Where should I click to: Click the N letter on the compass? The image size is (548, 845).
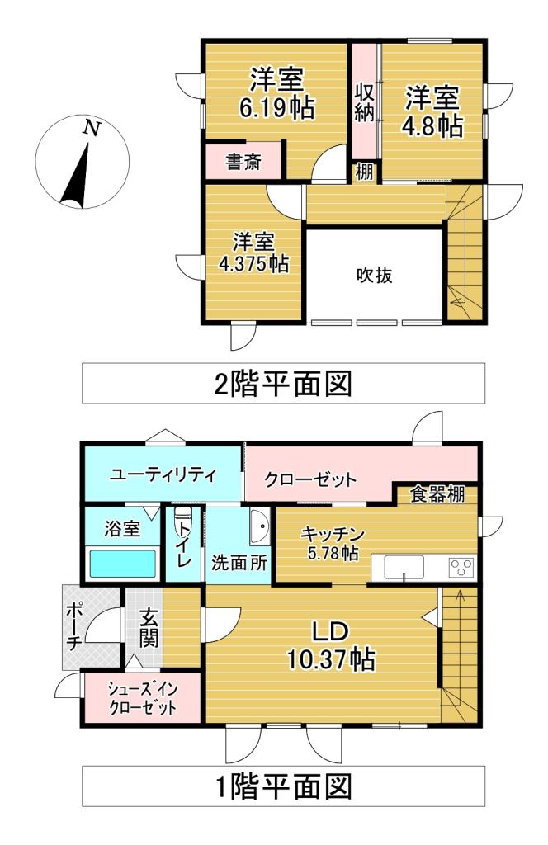92,129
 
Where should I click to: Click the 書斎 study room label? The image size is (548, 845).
243,163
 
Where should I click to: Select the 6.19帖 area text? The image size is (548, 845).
277,109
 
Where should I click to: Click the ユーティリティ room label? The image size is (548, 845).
163,474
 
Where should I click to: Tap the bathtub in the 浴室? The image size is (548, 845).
122,565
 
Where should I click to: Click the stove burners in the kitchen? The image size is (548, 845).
460,568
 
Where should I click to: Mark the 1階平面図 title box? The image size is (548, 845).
284,785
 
